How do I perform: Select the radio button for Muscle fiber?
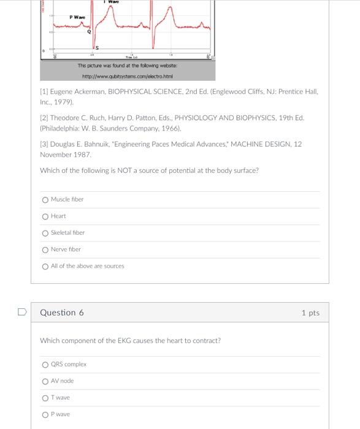pyautogui.click(x=45, y=200)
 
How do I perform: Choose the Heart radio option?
pyautogui.click(x=45, y=216)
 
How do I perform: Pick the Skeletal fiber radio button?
pyautogui.click(x=45, y=233)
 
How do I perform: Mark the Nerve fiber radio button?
pyautogui.click(x=45, y=249)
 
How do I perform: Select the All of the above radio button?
pyautogui.click(x=45, y=266)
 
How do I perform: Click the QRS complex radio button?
pyautogui.click(x=45, y=365)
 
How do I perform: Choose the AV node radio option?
pyautogui.click(x=45, y=381)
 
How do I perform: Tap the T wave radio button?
pyautogui.click(x=45, y=398)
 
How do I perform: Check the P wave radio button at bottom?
pyautogui.click(x=45, y=414)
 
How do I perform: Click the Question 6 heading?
pyautogui.click(x=62, y=313)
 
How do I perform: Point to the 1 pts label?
pyautogui.click(x=310, y=313)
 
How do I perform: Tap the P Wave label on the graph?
pyautogui.click(x=77, y=17)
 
